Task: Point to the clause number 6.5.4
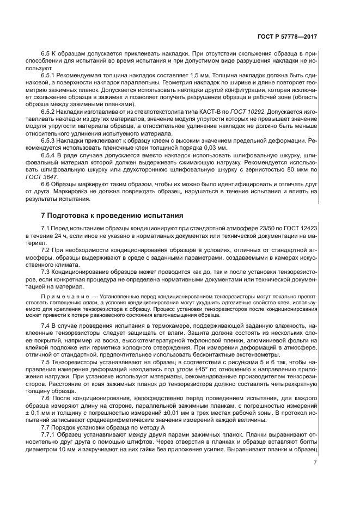(50, 155)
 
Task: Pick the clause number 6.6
(46, 184)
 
